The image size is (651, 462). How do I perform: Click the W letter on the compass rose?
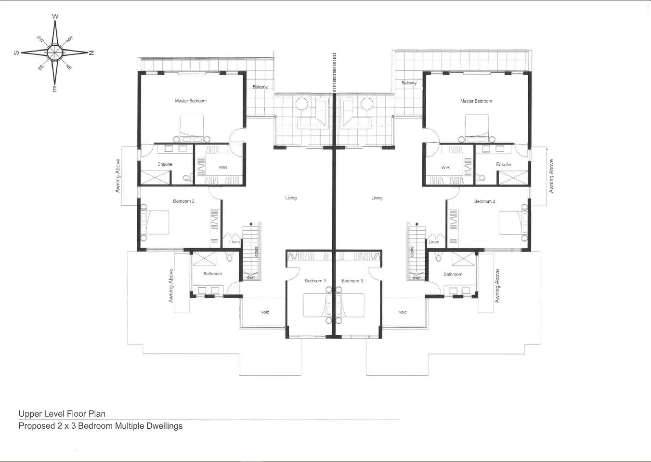click(x=55, y=17)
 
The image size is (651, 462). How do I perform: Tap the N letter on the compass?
click(x=91, y=53)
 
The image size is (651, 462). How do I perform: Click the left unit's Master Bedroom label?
click(x=191, y=101)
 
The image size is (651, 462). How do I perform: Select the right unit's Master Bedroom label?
click(x=476, y=101)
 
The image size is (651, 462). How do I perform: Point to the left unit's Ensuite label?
click(x=165, y=164)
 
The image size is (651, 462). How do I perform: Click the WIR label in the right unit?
click(x=445, y=168)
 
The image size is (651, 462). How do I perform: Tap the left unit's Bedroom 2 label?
click(x=183, y=201)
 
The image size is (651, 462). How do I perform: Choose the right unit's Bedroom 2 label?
click(x=484, y=201)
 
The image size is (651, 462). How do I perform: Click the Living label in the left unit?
click(x=291, y=198)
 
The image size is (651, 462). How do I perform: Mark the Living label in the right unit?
click(x=377, y=198)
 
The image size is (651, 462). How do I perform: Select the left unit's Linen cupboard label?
click(x=234, y=242)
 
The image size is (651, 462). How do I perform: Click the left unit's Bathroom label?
click(x=212, y=274)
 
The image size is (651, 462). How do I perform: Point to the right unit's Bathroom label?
click(x=453, y=274)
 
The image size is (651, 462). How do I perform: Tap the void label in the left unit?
click(x=265, y=312)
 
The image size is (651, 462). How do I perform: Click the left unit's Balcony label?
click(x=260, y=87)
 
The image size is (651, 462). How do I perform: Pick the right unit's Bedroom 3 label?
click(x=352, y=281)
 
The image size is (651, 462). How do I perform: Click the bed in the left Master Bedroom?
click(x=192, y=126)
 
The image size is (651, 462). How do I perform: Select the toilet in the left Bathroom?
click(x=229, y=258)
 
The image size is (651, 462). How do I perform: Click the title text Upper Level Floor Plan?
click(x=62, y=414)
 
